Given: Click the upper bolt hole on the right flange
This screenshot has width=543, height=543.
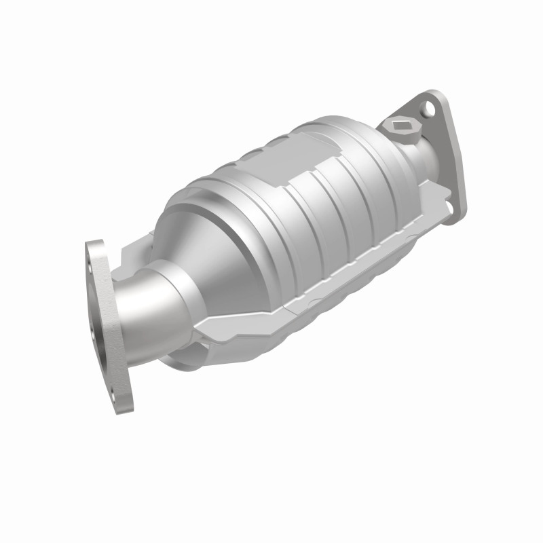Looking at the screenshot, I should [428, 107].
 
